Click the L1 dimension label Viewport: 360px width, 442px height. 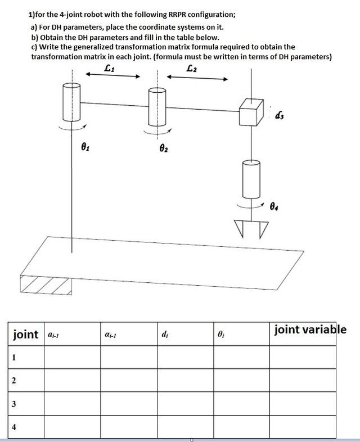[x=110, y=69]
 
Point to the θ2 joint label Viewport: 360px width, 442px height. [x=164, y=150]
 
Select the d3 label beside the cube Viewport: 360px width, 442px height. [x=280, y=116]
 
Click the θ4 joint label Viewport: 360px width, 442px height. [x=274, y=207]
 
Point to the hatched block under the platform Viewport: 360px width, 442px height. [x=45, y=286]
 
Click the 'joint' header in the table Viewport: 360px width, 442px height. [x=26, y=335]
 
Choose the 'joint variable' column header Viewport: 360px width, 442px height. [x=310, y=330]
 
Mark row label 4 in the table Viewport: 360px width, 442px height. [x=13, y=426]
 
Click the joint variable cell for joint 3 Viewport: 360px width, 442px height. [x=302, y=403]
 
